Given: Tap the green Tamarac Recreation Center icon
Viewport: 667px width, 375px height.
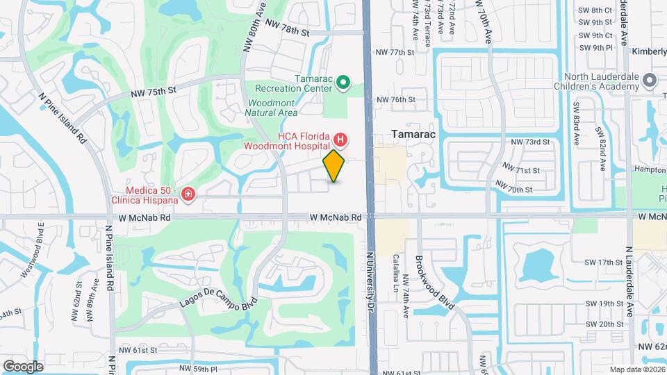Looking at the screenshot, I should (343, 83).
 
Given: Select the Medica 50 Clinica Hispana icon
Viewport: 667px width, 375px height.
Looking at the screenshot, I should (188, 193).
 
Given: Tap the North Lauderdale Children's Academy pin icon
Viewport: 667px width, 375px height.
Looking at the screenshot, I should (650, 81).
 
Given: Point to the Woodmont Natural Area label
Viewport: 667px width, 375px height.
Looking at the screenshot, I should (273, 108).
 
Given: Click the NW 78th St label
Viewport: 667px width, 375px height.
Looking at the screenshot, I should (286, 31).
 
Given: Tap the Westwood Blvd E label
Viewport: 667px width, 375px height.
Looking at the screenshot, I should (33, 251).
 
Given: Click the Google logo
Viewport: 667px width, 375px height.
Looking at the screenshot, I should (23, 366).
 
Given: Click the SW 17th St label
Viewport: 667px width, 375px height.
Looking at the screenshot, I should (604, 262).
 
